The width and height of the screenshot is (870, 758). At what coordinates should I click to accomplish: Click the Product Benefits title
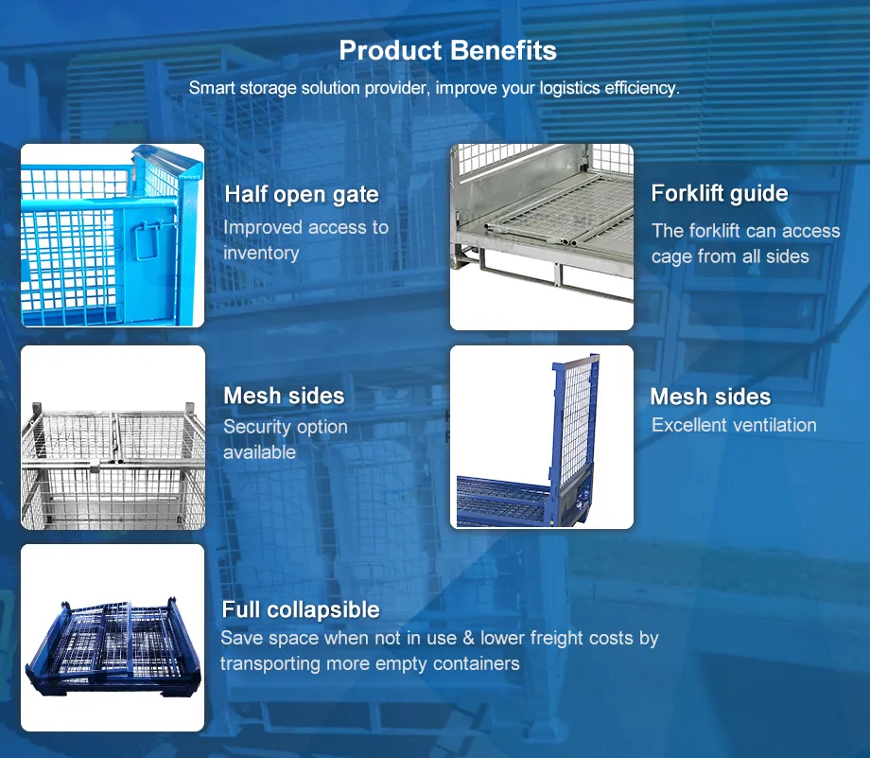click(447, 50)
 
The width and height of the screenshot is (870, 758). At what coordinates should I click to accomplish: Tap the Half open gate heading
click(302, 195)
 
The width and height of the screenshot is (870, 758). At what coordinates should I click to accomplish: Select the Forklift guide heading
click(720, 194)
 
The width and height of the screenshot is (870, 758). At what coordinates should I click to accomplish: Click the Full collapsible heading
click(301, 609)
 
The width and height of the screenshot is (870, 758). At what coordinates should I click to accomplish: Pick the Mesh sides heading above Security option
click(284, 396)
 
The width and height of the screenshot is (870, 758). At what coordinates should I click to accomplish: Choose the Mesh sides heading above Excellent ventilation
click(710, 397)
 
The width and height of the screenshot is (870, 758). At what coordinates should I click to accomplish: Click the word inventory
click(261, 253)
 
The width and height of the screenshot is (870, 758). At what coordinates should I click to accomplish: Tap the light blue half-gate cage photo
click(113, 236)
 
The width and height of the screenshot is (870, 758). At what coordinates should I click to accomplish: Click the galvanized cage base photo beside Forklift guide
click(541, 237)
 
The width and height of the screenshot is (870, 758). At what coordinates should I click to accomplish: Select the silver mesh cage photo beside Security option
click(113, 437)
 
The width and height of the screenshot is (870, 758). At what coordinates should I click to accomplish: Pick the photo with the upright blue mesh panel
click(541, 437)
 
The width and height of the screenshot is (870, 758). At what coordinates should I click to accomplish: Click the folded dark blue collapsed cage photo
click(113, 638)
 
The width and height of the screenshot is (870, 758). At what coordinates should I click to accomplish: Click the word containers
click(473, 663)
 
